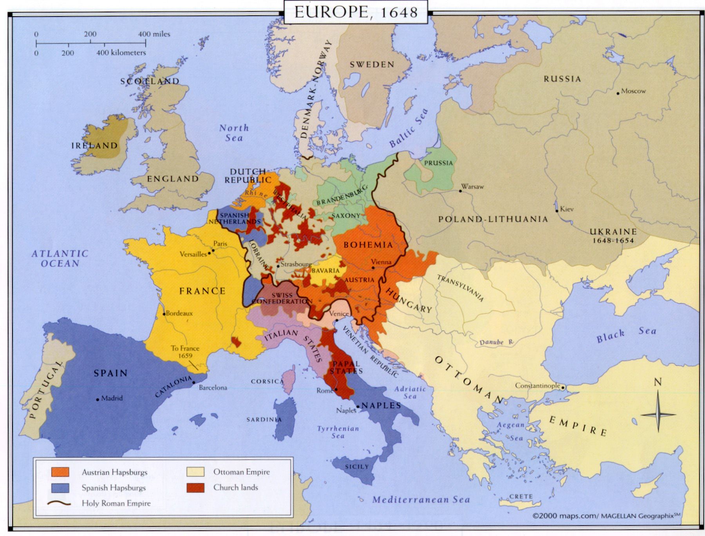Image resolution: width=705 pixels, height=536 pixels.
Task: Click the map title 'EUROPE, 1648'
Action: pos(356,12)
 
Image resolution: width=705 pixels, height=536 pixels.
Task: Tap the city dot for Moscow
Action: pos(618,93)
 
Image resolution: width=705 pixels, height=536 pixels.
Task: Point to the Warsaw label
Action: pos(472,187)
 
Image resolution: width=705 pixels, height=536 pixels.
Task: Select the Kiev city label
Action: pos(567,209)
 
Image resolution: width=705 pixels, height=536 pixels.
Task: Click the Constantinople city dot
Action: pos(563,388)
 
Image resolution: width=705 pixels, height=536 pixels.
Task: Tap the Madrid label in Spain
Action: pos(112,398)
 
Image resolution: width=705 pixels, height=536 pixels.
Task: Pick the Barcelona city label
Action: pos(213,388)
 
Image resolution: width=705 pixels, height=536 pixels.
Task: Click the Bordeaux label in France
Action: pos(179,313)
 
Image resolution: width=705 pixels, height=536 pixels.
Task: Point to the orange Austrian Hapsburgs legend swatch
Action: pos(60,472)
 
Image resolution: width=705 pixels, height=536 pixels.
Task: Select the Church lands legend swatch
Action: pos(195,487)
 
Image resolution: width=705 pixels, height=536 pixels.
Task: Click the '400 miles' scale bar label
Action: pos(154,34)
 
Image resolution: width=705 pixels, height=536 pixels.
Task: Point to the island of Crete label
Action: pos(521,496)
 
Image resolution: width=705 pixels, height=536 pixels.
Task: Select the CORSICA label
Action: pos(267,381)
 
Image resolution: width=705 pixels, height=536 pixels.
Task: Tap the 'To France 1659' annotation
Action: pos(185,352)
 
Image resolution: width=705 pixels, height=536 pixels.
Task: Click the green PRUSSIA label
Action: pos(438,163)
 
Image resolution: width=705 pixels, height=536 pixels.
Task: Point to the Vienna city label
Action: pos(381,262)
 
